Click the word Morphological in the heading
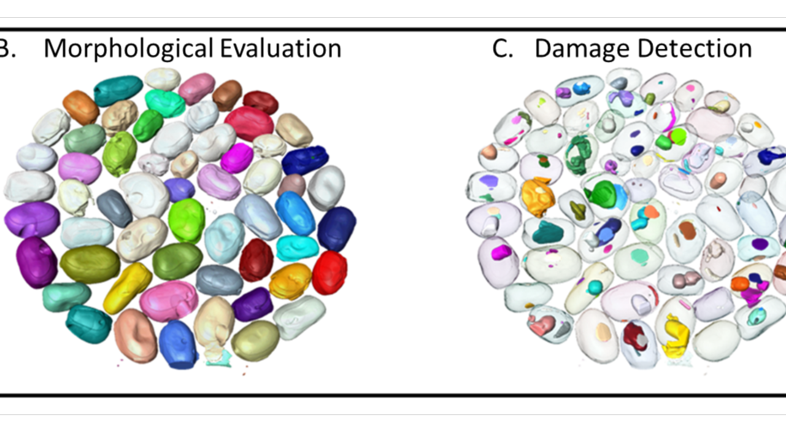(128, 48)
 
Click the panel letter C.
(502, 48)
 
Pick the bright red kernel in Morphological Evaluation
(329, 272)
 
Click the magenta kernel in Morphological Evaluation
(236, 158)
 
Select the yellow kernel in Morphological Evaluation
(127, 287)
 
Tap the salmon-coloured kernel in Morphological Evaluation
(136, 335)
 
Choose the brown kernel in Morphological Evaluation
(226, 95)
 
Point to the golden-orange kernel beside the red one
(290, 281)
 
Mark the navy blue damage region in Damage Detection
(767, 157)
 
